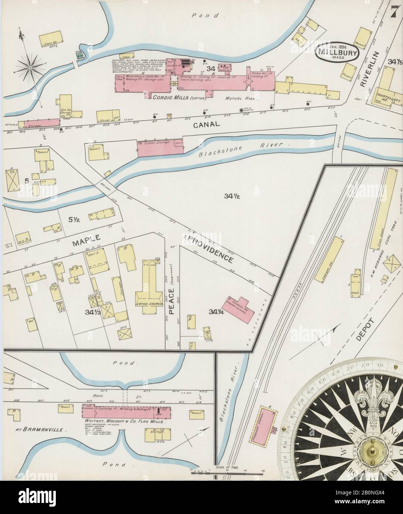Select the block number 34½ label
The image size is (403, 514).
(232, 197)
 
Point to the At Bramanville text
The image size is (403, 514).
(41, 430)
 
